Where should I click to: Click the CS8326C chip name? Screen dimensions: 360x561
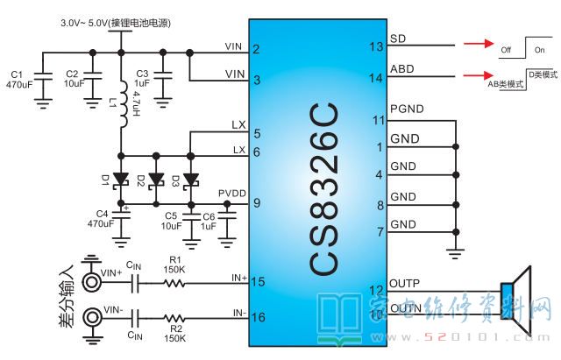click(323, 188)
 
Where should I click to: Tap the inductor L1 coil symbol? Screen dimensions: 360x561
click(123, 102)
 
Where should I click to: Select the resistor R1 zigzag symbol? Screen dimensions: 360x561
click(176, 282)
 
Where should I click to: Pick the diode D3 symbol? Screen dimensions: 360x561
click(188, 180)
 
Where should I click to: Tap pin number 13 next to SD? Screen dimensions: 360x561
click(377, 46)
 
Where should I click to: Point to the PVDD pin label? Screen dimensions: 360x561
click(231, 194)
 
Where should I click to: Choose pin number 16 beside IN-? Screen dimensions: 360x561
click(258, 318)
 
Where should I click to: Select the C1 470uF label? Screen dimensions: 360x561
click(18, 79)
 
